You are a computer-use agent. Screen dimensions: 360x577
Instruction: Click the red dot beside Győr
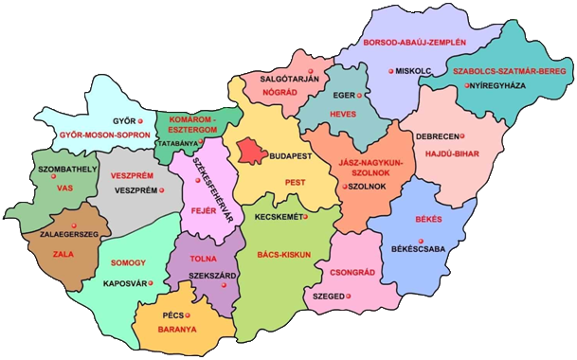(140, 122)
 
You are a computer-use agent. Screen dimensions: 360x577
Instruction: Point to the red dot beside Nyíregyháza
(466, 86)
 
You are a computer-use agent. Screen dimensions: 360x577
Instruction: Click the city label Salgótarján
(291, 77)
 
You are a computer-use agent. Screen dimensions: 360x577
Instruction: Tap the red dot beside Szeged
(351, 297)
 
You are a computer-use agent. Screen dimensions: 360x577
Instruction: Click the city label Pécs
(172, 315)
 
